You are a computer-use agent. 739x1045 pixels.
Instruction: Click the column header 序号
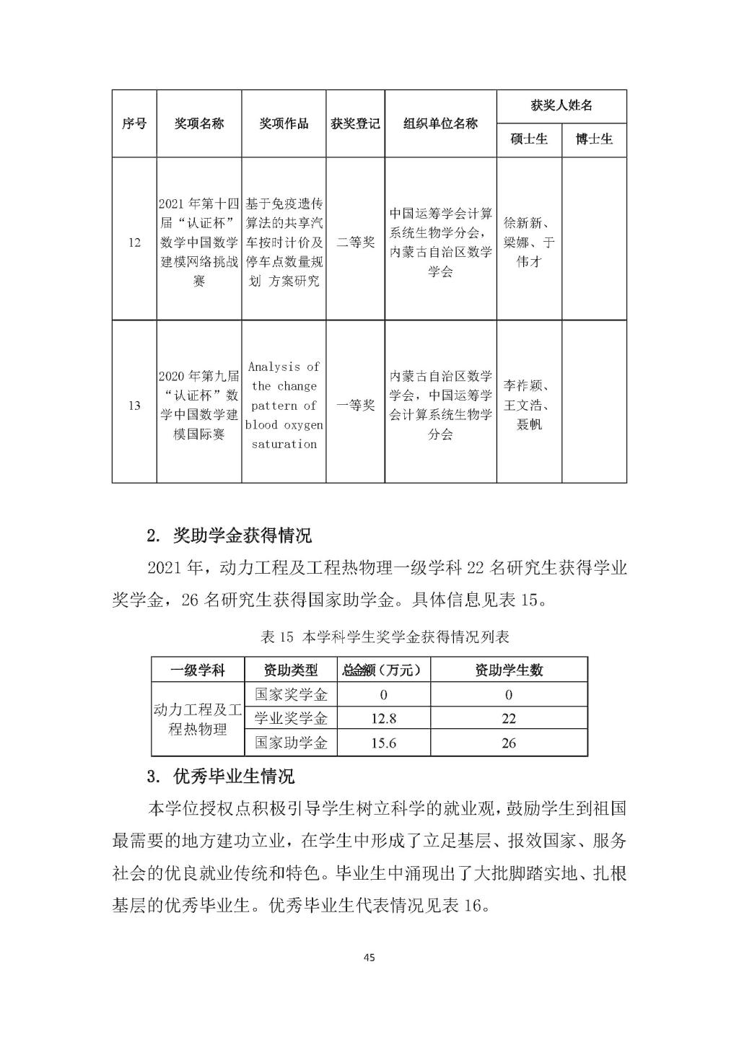coord(134,123)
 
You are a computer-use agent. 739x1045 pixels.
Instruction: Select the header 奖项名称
coord(199,123)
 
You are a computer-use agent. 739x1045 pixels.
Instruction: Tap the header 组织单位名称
coord(440,123)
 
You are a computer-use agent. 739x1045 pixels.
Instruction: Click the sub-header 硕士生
coord(529,139)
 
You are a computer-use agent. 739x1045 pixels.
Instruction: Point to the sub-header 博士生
coord(594,139)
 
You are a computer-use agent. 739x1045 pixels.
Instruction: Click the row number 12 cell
coord(134,242)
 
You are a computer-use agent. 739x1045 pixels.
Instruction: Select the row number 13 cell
coord(134,405)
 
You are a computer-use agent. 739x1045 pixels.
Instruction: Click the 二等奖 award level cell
coord(356,242)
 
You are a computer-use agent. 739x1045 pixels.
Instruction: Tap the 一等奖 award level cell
coord(356,405)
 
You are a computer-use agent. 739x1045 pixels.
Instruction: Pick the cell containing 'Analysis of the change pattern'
coord(284,405)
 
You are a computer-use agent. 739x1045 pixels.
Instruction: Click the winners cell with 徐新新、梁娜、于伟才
coord(529,242)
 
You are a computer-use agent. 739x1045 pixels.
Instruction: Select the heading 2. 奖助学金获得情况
coord(229,536)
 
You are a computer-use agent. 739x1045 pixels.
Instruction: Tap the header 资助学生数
coord(509,670)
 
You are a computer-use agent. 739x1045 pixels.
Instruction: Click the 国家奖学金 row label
coord(291,695)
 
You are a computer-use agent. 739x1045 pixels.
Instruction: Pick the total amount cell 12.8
coord(383,719)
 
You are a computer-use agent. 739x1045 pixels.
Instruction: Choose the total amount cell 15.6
coord(383,743)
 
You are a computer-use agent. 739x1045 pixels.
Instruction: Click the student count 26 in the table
coord(509,743)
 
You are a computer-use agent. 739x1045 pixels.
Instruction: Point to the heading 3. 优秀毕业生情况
coord(220,777)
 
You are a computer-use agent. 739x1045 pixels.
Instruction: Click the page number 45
coord(369,958)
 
